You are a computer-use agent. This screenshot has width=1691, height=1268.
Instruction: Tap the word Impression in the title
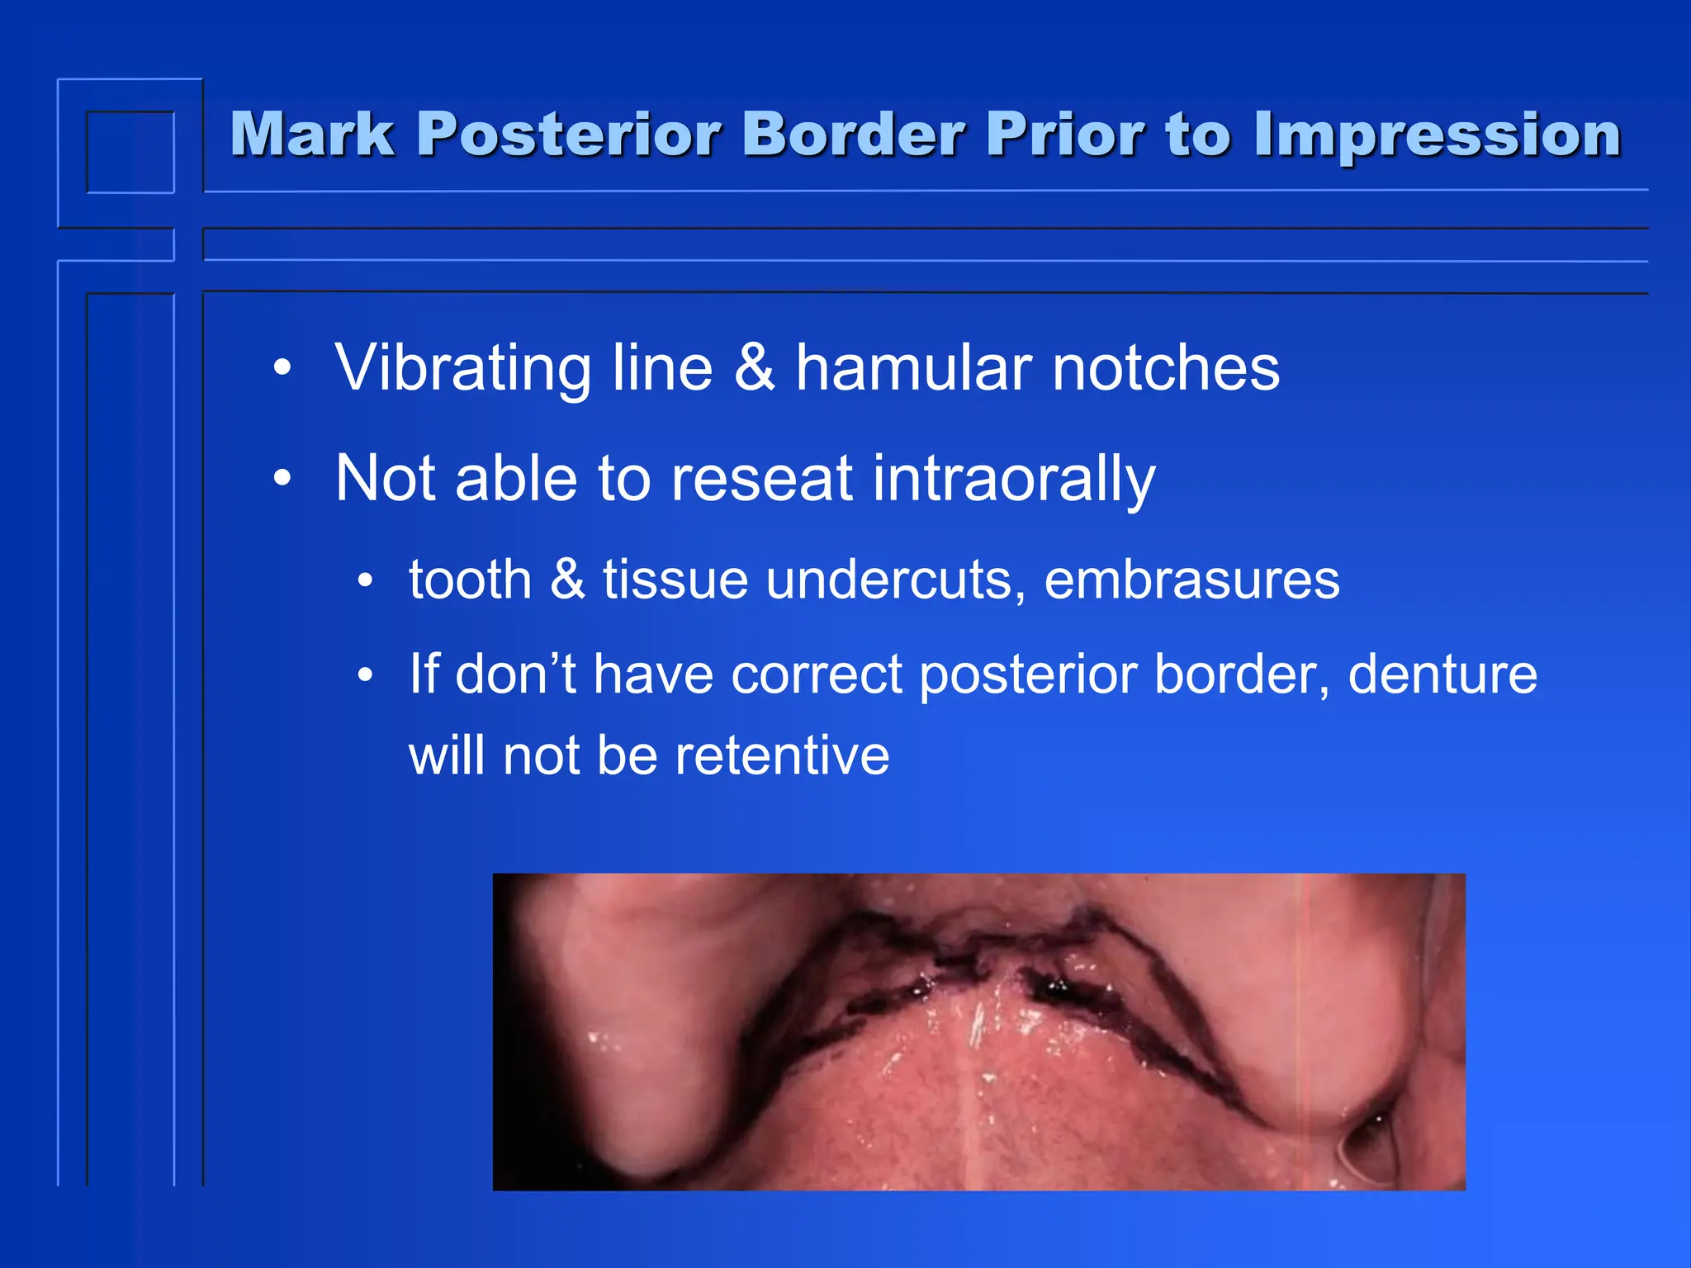coord(1437,135)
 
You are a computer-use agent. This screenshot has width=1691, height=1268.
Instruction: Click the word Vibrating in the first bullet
coord(463,368)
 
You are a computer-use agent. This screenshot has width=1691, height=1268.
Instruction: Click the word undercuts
coord(896,579)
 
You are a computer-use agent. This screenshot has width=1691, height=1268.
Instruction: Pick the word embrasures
coord(1191,579)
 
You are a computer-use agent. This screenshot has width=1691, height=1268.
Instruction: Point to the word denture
coord(1442,674)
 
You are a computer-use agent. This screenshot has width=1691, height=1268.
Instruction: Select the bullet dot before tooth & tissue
coord(366,580)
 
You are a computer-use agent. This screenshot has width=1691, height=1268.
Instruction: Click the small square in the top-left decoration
coord(130,152)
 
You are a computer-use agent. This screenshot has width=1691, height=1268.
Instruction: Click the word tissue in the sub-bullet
coord(675,579)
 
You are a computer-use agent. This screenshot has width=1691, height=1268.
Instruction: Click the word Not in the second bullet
coord(386,478)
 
